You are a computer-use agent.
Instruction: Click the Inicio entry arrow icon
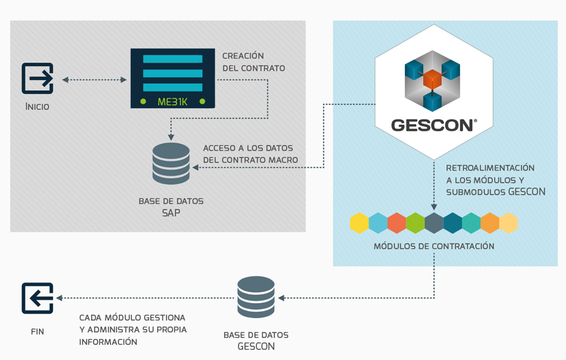pyautogui.click(x=38, y=78)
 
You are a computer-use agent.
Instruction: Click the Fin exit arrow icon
pyautogui.click(x=38, y=298)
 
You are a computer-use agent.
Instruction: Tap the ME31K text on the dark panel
pyautogui.click(x=172, y=101)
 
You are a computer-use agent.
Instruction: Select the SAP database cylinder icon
pyautogui.click(x=171, y=163)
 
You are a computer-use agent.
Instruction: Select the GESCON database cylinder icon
pyautogui.click(x=256, y=298)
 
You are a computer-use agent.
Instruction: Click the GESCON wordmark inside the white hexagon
pyautogui.click(x=433, y=125)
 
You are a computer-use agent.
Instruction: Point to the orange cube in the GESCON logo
pyautogui.click(x=433, y=79)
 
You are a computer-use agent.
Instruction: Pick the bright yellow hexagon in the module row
pyautogui.click(x=359, y=223)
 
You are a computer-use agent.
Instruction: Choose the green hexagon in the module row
pyautogui.click(x=415, y=223)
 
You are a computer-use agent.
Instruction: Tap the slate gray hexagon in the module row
pyautogui.click(x=434, y=223)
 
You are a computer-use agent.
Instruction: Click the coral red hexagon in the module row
pyautogui.click(x=397, y=223)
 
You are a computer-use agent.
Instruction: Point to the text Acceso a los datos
pyautogui.click(x=248, y=148)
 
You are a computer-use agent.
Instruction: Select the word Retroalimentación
pyautogui.click(x=490, y=168)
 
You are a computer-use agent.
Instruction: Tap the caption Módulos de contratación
pyautogui.click(x=434, y=246)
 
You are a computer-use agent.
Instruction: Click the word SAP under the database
pyautogui.click(x=171, y=213)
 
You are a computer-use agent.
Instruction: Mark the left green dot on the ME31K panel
pyautogui.click(x=143, y=101)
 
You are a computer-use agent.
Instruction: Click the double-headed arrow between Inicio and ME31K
pyautogui.click(x=94, y=80)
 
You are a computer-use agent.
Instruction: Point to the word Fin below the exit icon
pyautogui.click(x=37, y=331)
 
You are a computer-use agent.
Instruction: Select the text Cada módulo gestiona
pyautogui.click(x=132, y=317)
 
